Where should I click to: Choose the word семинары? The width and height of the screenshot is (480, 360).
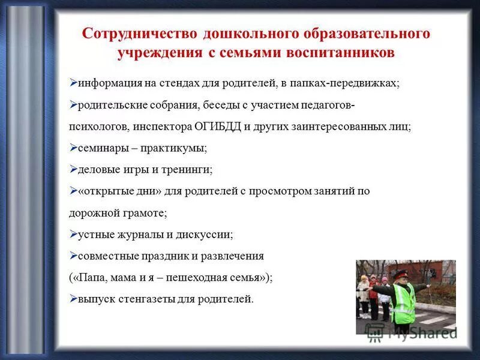click(101, 148)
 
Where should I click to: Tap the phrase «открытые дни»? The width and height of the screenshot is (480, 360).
click(113, 191)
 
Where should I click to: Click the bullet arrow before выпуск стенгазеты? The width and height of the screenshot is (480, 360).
click(73, 298)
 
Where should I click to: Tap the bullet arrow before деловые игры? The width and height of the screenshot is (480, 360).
click(73, 169)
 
